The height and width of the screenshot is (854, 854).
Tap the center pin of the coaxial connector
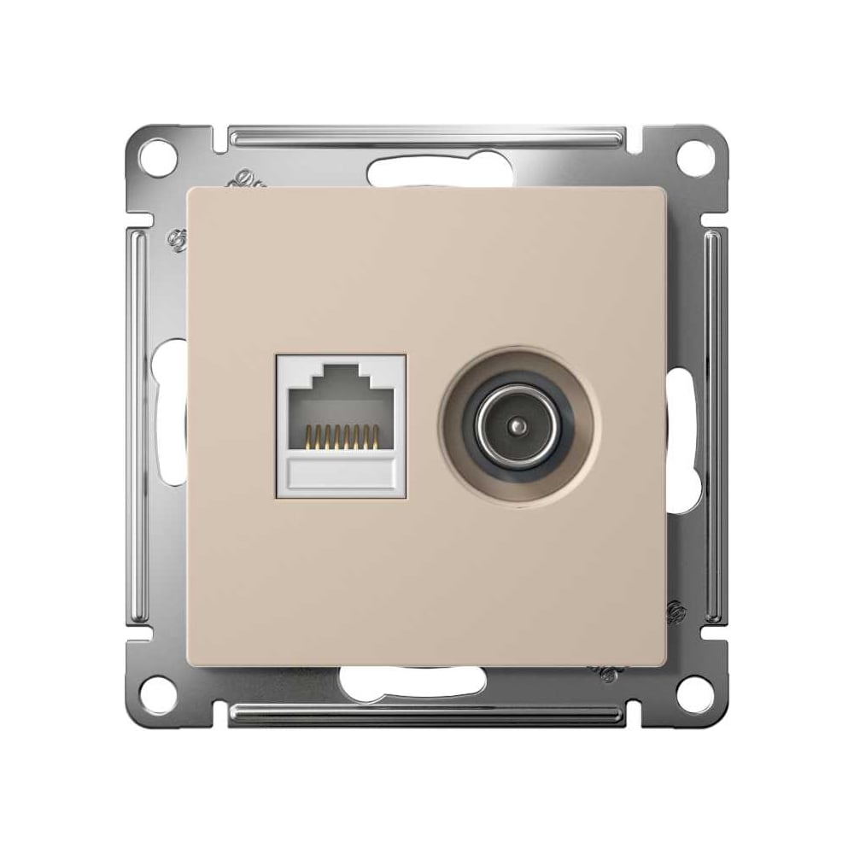pos(519,424)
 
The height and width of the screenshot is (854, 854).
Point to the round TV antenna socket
pos(519,424)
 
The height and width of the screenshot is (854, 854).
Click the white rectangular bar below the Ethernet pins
pos(342,473)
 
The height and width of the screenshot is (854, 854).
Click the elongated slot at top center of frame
pos(427,171)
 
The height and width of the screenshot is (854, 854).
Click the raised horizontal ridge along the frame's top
pos(427,134)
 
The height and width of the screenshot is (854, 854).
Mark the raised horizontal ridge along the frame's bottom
pos(427,716)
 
